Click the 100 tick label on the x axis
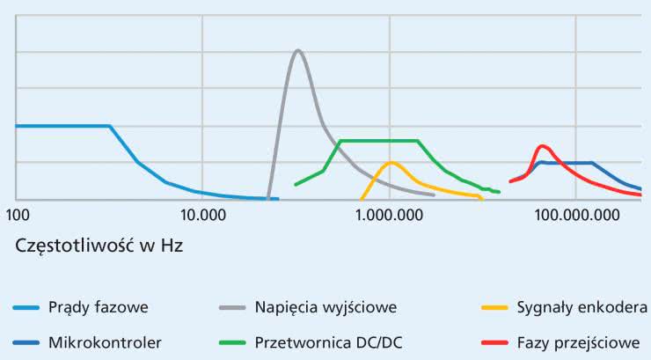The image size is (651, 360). coord(17,214)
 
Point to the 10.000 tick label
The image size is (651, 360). coord(202,214)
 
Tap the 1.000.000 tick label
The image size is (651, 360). coord(390,214)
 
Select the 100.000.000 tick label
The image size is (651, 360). coord(577,214)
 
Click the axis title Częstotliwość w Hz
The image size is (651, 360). coord(99,246)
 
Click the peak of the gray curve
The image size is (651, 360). coord(298,50)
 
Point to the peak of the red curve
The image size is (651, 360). coord(542,146)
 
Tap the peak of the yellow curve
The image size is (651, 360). coord(391,163)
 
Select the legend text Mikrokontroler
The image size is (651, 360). coord(105,342)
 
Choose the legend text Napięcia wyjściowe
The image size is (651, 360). coord(325,307)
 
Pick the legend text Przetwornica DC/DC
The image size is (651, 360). coord(329,342)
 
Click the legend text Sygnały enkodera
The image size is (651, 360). coord(584,307)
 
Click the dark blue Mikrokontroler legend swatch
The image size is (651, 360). coord(28,342)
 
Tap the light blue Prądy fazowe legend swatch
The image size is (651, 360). coord(28,308)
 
